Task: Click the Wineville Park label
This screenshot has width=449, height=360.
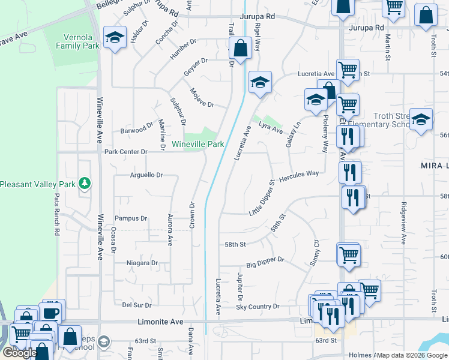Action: pos(198,145)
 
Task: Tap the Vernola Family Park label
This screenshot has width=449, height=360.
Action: pos(77,41)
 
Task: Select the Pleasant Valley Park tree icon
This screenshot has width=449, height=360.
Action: pos(86,183)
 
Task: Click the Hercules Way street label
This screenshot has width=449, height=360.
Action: pos(299,174)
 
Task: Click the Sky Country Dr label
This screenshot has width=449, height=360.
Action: pos(258,307)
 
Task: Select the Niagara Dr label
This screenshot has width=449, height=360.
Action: pos(142,263)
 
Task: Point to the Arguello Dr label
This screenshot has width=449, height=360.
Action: pos(146,175)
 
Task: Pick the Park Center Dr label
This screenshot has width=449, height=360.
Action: pos(125,152)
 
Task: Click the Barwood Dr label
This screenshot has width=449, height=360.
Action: pos(137,129)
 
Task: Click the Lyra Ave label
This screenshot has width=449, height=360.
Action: pos(270,128)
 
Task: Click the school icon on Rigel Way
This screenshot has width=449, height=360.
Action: pos(260,82)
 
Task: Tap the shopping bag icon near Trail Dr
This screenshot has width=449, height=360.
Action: pos(240,49)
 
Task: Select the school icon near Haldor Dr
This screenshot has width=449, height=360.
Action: pos(114,38)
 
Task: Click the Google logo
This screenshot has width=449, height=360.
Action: pos(20,353)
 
